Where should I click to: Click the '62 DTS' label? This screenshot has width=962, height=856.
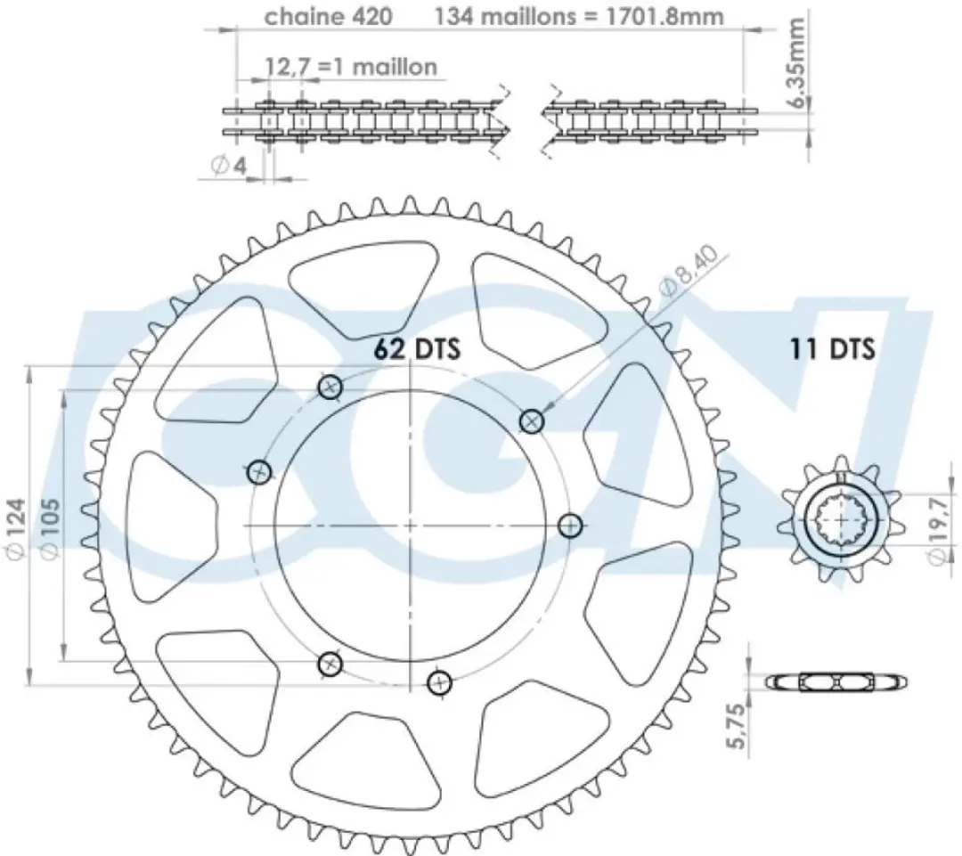coord(417,348)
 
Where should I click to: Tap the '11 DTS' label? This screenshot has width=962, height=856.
coord(832,348)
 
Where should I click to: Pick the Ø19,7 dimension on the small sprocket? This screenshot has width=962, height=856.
coord(939,530)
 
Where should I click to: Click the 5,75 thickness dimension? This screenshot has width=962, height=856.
coord(737,725)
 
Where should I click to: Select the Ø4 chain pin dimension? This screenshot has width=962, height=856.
coord(228,165)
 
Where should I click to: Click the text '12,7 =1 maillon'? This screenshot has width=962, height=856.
coord(351,66)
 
